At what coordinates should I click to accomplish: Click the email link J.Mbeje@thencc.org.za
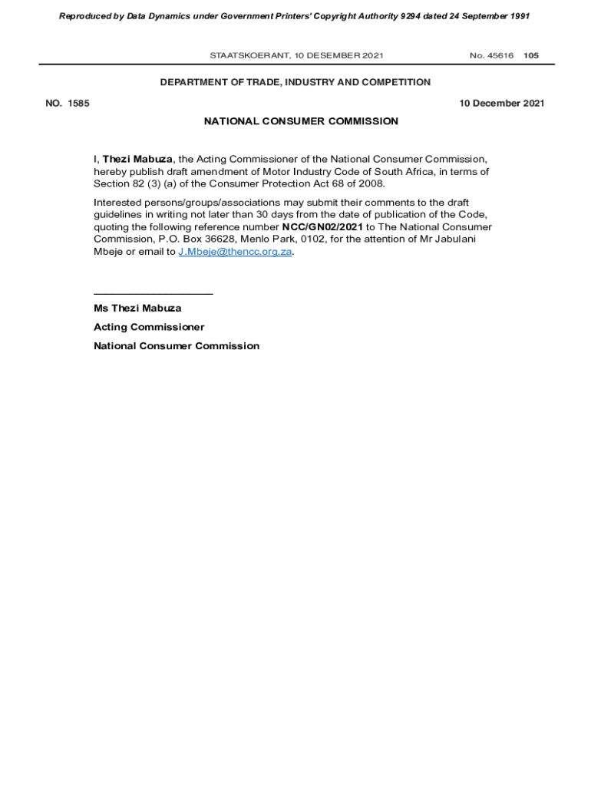point(235,253)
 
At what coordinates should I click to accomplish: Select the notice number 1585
point(78,104)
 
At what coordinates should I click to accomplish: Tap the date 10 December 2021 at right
point(502,104)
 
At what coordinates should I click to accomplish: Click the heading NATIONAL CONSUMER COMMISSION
point(301,121)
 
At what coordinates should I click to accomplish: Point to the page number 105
point(531,55)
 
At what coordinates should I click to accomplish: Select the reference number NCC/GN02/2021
point(322,227)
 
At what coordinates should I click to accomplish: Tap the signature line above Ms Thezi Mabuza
point(153,294)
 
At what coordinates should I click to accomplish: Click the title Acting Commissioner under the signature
point(149,327)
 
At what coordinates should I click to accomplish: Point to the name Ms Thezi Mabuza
point(137,309)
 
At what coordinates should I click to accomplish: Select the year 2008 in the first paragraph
point(370,184)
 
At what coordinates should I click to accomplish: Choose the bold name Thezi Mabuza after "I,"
point(137,160)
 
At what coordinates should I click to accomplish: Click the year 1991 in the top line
point(519,16)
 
